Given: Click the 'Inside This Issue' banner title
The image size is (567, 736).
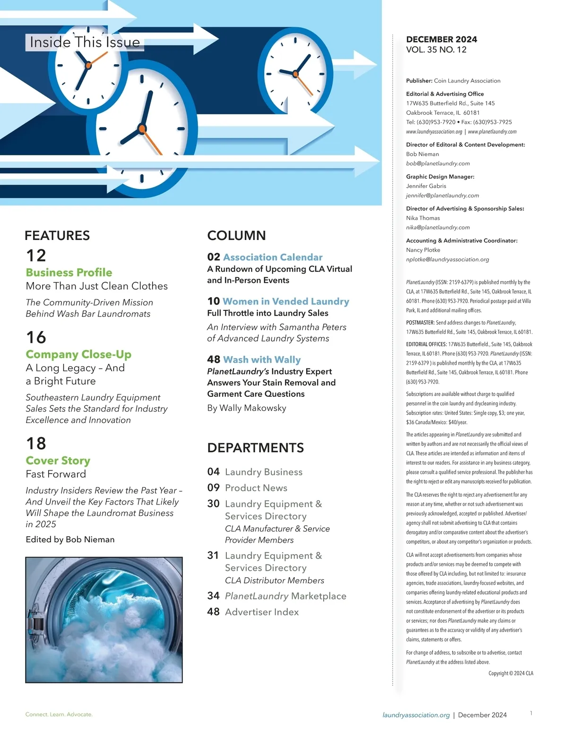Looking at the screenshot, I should [85, 42].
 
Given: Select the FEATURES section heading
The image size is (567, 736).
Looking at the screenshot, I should [57, 235].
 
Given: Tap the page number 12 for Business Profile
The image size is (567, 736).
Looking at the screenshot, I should [36, 256].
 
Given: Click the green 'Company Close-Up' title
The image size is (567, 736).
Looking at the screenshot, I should [78, 354].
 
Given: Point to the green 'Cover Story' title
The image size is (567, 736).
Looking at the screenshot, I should [58, 461].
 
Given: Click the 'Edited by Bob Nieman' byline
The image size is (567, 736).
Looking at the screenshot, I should [70, 539].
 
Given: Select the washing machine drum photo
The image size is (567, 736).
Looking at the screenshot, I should [104, 620].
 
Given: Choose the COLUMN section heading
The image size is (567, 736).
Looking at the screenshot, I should [236, 235].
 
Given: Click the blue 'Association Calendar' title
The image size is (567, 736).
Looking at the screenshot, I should [273, 257].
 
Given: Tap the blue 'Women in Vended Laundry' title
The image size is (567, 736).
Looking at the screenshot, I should [286, 301].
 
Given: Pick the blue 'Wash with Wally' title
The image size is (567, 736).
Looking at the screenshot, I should [262, 360].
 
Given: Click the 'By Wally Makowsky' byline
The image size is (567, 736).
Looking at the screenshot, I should [247, 408].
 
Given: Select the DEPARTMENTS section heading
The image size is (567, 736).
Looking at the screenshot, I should [256, 448].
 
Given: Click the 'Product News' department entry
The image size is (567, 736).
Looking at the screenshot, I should [256, 488].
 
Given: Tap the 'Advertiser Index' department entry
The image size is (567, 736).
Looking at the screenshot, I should [262, 612].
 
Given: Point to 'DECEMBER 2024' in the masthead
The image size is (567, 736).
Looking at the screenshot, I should [441, 39].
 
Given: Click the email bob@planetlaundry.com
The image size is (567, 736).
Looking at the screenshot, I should [438, 163].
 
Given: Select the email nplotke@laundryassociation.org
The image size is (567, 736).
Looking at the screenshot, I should [447, 259].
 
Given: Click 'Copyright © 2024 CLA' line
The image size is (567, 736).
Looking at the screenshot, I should [510, 673].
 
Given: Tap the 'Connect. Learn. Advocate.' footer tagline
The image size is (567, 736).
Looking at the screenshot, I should [59, 714].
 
